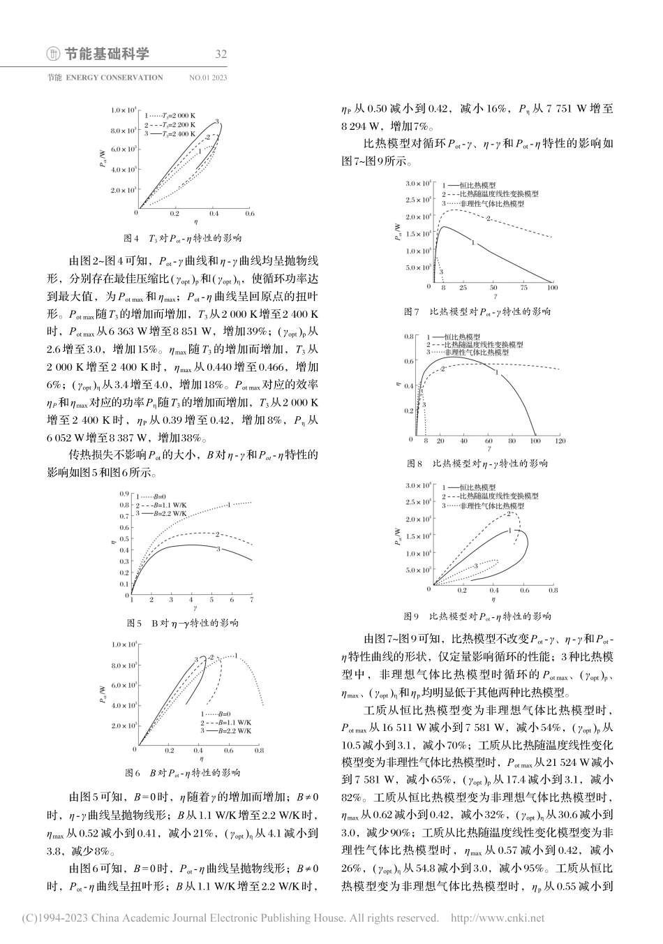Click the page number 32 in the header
(222, 54)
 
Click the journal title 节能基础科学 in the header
(107, 54)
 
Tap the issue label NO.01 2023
(208, 78)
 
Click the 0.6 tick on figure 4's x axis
(249, 214)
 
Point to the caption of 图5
(182, 622)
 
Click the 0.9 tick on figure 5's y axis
(124, 494)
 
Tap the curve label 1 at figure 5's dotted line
(228, 504)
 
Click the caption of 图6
(182, 773)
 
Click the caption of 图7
(477, 311)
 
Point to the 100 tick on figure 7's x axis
(553, 288)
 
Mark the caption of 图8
(477, 464)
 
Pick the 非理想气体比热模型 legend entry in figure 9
(491, 504)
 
